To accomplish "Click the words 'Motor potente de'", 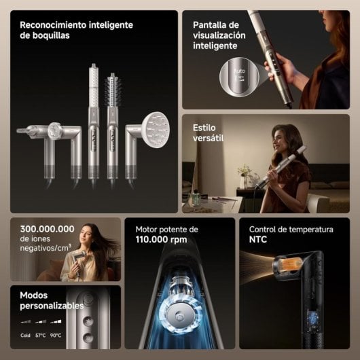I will [x=166, y=229].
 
